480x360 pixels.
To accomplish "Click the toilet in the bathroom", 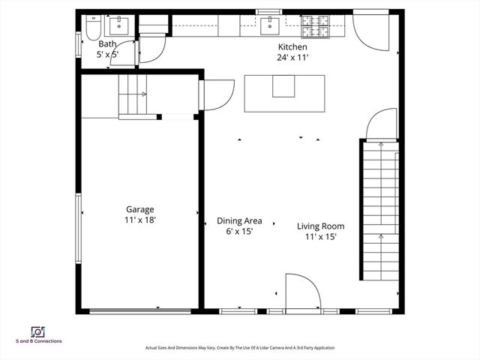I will [x=94, y=28].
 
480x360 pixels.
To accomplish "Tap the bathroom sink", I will [x=118, y=26].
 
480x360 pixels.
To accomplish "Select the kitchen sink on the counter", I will [x=270, y=26].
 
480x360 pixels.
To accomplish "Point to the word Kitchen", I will [x=292, y=46].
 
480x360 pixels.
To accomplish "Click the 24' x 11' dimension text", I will [x=292, y=57].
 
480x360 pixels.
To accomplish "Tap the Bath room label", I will [x=107, y=44].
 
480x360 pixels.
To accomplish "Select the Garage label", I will [x=140, y=210].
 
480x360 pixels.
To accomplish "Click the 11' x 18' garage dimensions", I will [x=140, y=220].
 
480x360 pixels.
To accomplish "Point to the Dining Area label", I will [x=239, y=220].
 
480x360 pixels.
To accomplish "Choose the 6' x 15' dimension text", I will [x=239, y=231].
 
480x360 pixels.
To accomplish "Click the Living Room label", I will [x=320, y=226].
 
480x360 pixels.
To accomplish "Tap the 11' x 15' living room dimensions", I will [x=320, y=236].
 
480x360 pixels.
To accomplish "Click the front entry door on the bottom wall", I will [x=302, y=294].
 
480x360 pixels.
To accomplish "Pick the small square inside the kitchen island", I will [x=283, y=86].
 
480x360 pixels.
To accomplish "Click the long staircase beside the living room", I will [x=379, y=210].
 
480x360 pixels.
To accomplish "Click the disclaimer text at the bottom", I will [x=239, y=348].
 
